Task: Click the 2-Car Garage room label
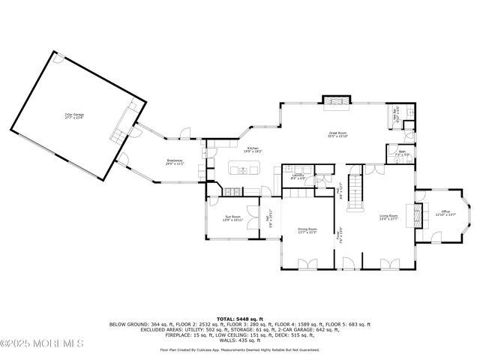pos(73,115)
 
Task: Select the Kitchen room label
pos(253,151)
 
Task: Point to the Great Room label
pos(337,136)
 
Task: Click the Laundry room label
pos(298,178)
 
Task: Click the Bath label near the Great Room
pos(402,154)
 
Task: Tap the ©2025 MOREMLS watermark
pos(42,343)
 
